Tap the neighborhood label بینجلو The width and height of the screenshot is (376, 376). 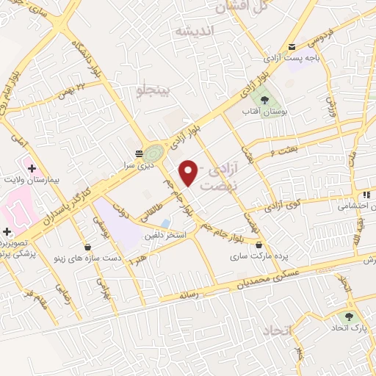(x=153, y=89)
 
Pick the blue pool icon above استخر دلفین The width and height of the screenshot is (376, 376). (x=166, y=223)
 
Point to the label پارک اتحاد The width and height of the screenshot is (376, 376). (x=347, y=326)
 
